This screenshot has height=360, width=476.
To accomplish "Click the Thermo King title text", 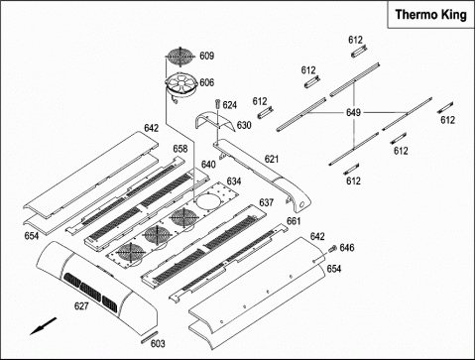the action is (430, 15).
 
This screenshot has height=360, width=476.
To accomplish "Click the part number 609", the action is (207, 56).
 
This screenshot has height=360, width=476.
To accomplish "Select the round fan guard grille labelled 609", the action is (181, 58).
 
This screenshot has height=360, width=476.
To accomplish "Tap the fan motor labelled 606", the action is (181, 85).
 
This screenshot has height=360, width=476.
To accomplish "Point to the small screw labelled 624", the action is (217, 103).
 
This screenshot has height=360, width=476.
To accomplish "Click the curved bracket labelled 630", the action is (215, 121).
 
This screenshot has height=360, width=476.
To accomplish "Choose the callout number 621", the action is (272, 159).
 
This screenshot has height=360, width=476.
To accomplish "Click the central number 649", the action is (353, 113).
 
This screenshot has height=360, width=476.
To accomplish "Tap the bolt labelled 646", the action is (332, 249).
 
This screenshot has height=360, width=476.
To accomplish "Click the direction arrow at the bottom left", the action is (44, 326).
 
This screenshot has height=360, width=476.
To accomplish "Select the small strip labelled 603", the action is (151, 337).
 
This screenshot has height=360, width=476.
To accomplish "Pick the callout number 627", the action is (81, 306).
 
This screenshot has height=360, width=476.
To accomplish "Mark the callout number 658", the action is (180, 149).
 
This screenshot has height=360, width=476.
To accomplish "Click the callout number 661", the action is (294, 221).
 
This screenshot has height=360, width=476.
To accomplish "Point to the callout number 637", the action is (266, 202).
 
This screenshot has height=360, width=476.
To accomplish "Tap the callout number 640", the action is (208, 165).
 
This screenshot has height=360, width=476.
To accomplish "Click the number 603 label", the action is (158, 344).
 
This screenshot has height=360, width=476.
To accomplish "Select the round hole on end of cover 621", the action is (301, 205).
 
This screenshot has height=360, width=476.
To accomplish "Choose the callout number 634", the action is (234, 181).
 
